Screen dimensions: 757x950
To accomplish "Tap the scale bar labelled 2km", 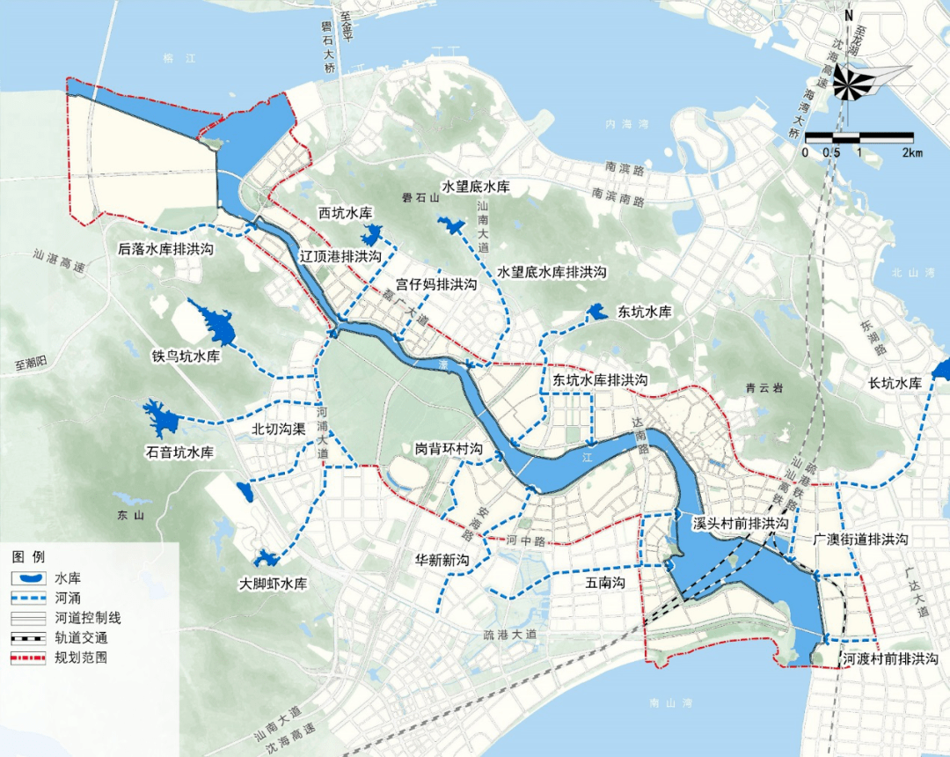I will pos(859,138).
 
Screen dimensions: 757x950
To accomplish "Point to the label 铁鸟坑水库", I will pos(185,356).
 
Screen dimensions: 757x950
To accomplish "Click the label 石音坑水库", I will pos(179,452).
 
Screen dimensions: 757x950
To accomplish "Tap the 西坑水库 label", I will pos(346,214).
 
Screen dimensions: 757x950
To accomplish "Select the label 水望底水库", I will pos(475,187).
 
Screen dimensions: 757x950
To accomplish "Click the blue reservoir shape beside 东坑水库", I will pos(597,312).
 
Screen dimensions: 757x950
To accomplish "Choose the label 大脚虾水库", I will pos(274,584).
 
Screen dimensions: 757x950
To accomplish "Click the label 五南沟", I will pos(604,582).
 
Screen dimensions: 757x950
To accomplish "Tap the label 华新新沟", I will pos(443,560).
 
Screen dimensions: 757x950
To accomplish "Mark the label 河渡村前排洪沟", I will pos(889,658).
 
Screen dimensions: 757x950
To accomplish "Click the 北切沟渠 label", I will pos(278,430).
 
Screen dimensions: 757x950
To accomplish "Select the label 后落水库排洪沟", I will pos(167,249).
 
